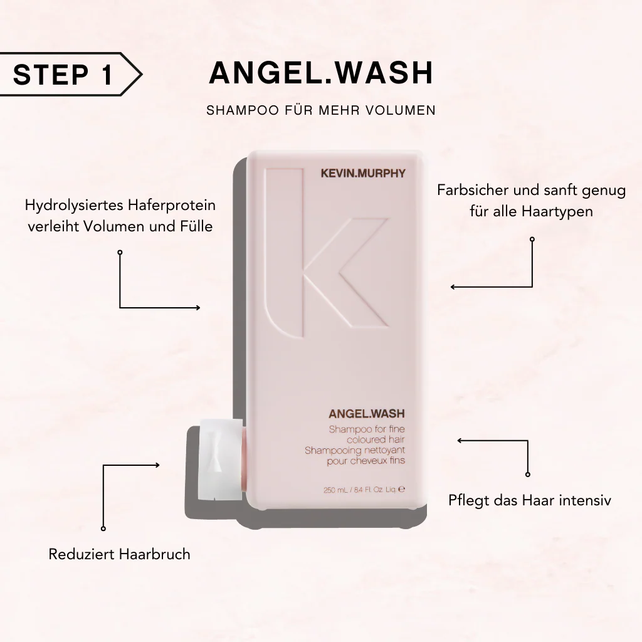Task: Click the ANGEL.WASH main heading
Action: coord(320,73)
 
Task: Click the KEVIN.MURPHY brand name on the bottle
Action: coord(363,174)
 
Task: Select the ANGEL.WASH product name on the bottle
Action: coord(366,414)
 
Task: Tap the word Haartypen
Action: coord(557,211)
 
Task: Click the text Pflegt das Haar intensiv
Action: coord(530,500)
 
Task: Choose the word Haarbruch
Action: coord(157,554)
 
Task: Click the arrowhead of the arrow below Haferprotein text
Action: coord(197,308)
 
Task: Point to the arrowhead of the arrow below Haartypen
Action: coord(453,287)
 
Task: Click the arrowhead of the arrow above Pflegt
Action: coord(460,441)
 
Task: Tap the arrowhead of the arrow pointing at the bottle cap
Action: coord(157,465)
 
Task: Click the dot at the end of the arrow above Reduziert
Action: coord(103,529)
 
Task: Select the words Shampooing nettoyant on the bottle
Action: coord(355,450)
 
